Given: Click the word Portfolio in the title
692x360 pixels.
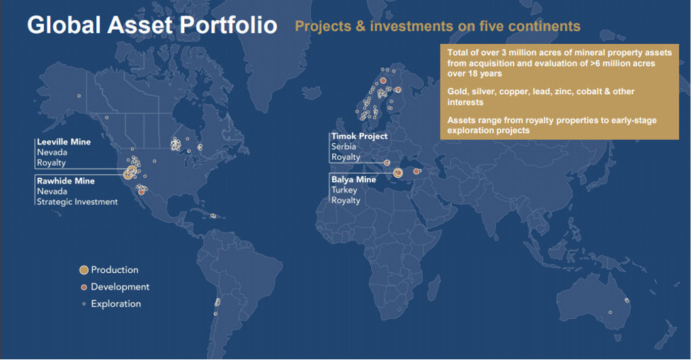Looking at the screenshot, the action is [x=228, y=25].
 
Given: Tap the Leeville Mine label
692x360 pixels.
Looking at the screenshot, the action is [x=64, y=142].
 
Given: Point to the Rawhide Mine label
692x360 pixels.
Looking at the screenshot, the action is [x=65, y=181].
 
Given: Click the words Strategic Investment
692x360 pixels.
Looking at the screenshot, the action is [x=77, y=202].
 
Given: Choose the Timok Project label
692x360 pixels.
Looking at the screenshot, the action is [x=359, y=137].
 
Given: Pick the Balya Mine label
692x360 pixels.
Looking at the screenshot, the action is [x=353, y=179].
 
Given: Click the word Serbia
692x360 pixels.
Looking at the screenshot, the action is [x=344, y=147].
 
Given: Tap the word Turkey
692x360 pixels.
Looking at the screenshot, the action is [x=344, y=190].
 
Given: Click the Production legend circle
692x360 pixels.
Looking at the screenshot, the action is [x=84, y=270].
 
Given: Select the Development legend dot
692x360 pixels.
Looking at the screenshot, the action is [x=84, y=287].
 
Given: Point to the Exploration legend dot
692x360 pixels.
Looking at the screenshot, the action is [x=84, y=304].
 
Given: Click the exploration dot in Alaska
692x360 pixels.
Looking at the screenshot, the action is [x=79, y=96].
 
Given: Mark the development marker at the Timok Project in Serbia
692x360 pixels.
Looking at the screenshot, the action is [x=387, y=162].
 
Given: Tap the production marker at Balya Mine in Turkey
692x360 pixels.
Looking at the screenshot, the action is [x=397, y=173].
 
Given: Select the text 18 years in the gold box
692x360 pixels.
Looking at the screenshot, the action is [x=484, y=73].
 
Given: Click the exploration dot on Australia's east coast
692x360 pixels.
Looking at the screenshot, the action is [x=627, y=300].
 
